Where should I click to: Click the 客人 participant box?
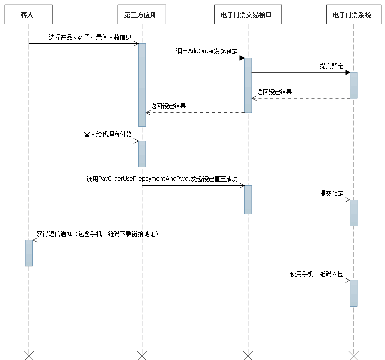click(x=29, y=15)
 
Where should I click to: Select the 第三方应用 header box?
click(x=142, y=15)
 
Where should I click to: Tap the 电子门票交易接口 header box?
click(x=248, y=15)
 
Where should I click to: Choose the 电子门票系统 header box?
click(x=354, y=15)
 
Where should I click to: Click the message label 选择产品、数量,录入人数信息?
click(x=90, y=37)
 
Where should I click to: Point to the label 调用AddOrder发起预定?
click(x=206, y=51)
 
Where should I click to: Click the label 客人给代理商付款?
click(x=108, y=134)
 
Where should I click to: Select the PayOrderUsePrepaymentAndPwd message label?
click(x=162, y=178)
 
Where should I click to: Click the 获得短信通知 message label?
click(x=97, y=234)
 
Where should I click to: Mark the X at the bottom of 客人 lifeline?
click(x=29, y=355)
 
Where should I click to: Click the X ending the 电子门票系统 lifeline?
click(x=354, y=355)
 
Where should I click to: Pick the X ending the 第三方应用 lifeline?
click(x=142, y=355)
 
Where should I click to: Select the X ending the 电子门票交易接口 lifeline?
click(x=248, y=355)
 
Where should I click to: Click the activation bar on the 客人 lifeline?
click(x=29, y=253)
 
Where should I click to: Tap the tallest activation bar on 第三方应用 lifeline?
click(x=142, y=85)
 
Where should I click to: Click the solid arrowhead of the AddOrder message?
click(x=242, y=58)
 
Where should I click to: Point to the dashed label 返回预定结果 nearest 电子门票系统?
click(x=274, y=92)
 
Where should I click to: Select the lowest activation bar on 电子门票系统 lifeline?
click(x=354, y=293)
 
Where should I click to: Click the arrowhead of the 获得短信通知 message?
click(x=34, y=240)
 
